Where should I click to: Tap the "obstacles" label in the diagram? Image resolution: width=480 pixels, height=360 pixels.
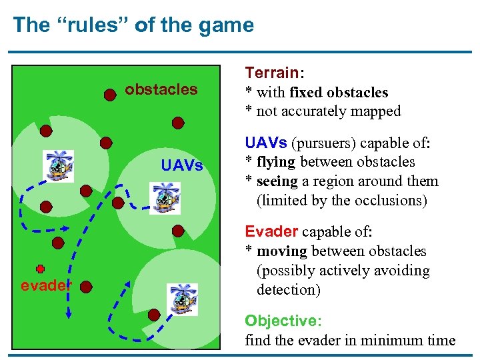[x=161, y=89]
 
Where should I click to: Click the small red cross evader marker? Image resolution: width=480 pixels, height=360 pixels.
[x=41, y=269]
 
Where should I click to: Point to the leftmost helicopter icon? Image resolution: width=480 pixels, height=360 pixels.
[x=59, y=165]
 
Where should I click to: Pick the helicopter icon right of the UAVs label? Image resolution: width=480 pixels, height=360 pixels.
[x=164, y=198]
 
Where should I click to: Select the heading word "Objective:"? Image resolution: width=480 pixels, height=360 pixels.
[x=283, y=321]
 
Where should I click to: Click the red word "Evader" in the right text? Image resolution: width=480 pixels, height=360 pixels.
[x=271, y=231]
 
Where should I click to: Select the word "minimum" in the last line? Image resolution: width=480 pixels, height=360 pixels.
[x=381, y=340]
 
